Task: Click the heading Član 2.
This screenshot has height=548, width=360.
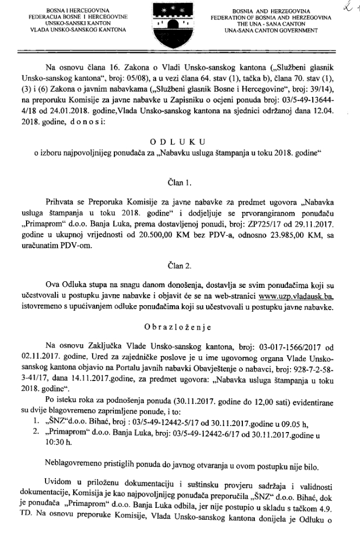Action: (x=180, y=266)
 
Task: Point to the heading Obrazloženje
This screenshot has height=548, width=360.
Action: (x=179, y=328)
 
